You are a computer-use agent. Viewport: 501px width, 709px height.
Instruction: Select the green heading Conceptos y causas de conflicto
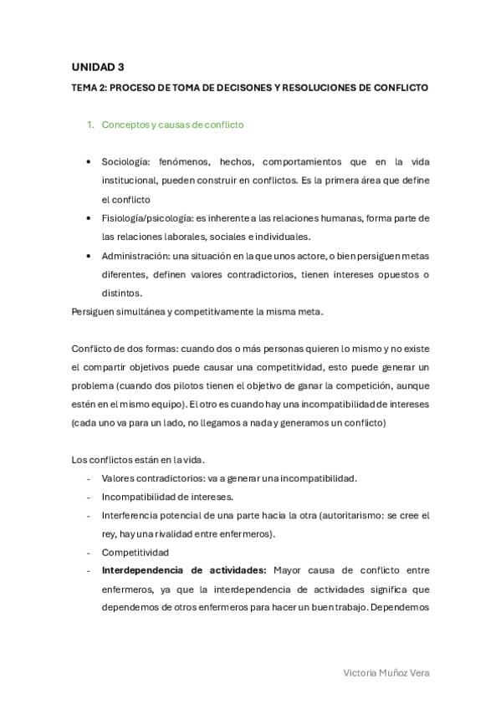pos(172,125)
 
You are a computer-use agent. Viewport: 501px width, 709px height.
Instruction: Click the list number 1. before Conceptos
pos(91,125)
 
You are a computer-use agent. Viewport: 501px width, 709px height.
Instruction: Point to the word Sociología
pos(125,161)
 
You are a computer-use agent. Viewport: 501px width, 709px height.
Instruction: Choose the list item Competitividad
pos(135,553)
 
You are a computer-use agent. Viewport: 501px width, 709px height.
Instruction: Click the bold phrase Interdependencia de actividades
pos(183,571)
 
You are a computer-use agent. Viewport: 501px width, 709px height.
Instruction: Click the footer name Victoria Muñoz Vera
pos(386,673)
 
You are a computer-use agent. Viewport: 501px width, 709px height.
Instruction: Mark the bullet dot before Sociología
pos(89,162)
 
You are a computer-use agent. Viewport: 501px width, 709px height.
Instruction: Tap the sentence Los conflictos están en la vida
pos(139,459)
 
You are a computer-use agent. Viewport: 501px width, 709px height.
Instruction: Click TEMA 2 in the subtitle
pos(88,88)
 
